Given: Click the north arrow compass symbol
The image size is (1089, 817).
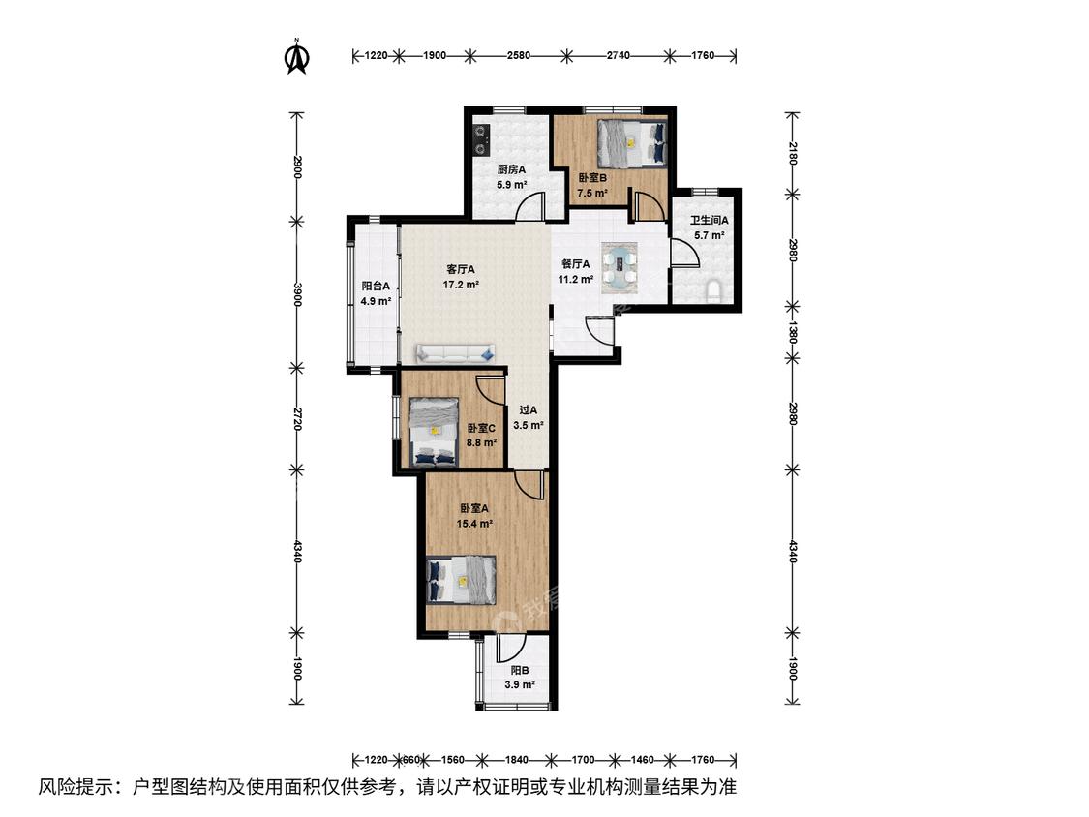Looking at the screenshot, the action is pyautogui.click(x=297, y=56).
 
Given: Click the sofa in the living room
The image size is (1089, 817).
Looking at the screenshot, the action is pyautogui.click(x=456, y=353).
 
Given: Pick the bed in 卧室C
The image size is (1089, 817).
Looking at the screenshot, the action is pyautogui.click(x=434, y=432).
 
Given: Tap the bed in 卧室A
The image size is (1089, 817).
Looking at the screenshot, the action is pyautogui.click(x=461, y=580).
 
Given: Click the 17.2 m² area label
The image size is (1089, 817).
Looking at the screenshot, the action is pyautogui.click(x=461, y=285).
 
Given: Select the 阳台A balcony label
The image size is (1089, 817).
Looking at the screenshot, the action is pyautogui.click(x=376, y=286).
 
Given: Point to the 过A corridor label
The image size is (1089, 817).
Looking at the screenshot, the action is pyautogui.click(x=528, y=409).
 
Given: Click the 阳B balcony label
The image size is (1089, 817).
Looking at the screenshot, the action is pyautogui.click(x=520, y=671).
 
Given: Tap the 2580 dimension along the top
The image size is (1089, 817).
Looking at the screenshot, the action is pyautogui.click(x=518, y=55).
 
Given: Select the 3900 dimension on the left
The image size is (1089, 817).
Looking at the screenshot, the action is pyautogui.click(x=297, y=294).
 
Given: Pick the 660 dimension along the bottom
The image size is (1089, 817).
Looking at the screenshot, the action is pyautogui.click(x=411, y=759).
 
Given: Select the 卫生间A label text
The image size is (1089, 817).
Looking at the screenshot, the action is pyautogui.click(x=710, y=221).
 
